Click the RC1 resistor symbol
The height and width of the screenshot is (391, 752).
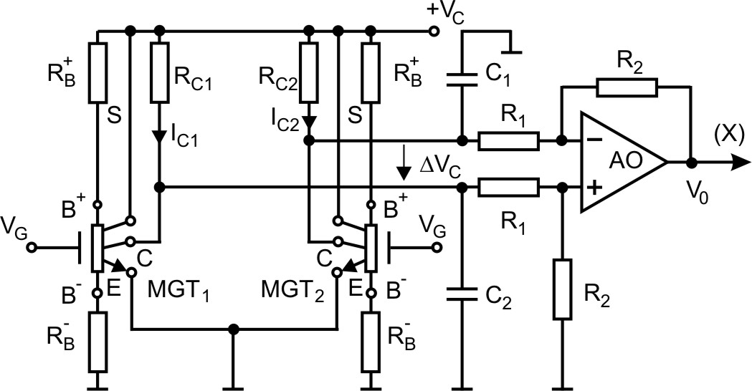click(x=159, y=73)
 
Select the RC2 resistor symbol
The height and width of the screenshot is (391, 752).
click(x=309, y=73)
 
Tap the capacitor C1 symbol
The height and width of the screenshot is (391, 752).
click(x=462, y=79)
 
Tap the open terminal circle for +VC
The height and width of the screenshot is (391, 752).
click(x=433, y=32)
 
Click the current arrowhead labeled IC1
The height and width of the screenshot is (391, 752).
click(x=159, y=136)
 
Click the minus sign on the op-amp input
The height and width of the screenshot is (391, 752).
click(x=594, y=140)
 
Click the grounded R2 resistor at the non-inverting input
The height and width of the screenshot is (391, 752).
click(x=563, y=289)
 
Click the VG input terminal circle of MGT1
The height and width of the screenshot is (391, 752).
click(x=32, y=248)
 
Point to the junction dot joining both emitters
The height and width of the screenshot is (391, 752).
click(x=233, y=330)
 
